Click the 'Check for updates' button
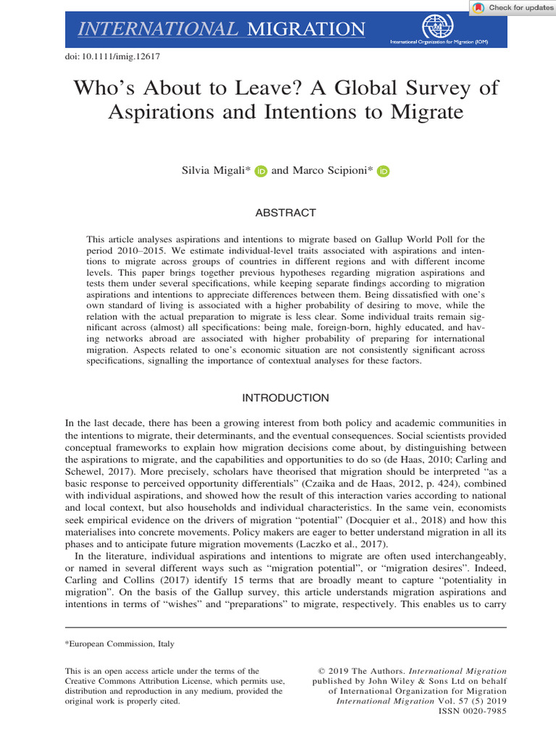[x=513, y=8]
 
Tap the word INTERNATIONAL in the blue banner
[x=157, y=29]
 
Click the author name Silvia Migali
[x=214, y=171]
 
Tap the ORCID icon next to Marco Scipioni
[x=384, y=172]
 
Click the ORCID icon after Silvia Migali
[x=261, y=172]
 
